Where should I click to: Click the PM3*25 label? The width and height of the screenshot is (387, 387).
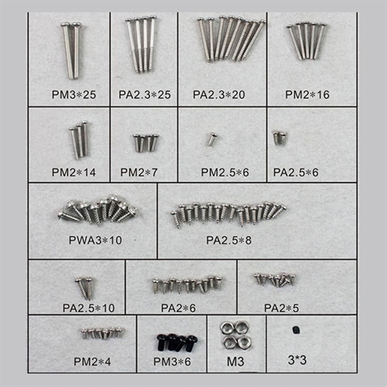pyautogui.click(x=74, y=94)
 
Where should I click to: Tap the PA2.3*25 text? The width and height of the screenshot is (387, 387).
pyautogui.click(x=145, y=94)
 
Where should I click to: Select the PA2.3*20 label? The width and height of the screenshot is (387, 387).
pyautogui.click(x=219, y=94)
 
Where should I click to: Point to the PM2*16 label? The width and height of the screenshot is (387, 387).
pyautogui.click(x=307, y=94)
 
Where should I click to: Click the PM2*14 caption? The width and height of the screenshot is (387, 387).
pyautogui.click(x=74, y=173)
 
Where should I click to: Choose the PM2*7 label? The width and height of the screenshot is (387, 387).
pyautogui.click(x=139, y=173)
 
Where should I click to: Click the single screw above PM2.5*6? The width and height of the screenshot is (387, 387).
pyautogui.click(x=212, y=139)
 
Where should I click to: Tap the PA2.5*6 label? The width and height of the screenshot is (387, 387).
pyautogui.click(x=296, y=173)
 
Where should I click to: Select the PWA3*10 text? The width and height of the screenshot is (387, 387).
pyautogui.click(x=95, y=240)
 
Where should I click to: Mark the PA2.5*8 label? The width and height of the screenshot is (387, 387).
pyautogui.click(x=228, y=240)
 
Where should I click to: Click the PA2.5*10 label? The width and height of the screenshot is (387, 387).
pyautogui.click(x=89, y=308)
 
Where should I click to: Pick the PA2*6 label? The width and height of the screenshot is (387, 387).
pyautogui.click(x=178, y=308)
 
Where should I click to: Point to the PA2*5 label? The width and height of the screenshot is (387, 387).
pyautogui.click(x=282, y=308)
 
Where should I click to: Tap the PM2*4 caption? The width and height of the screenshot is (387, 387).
pyautogui.click(x=92, y=361)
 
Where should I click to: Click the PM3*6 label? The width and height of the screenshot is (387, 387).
pyautogui.click(x=172, y=361)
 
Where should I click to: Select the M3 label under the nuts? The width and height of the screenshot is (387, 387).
pyautogui.click(x=235, y=361)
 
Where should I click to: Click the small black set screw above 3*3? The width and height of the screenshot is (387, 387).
pyautogui.click(x=296, y=330)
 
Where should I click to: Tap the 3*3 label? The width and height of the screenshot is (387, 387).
pyautogui.click(x=297, y=360)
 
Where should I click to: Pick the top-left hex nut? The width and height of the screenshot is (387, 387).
pyautogui.click(x=227, y=328)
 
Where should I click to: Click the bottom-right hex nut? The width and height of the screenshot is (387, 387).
pyautogui.click(x=243, y=342)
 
